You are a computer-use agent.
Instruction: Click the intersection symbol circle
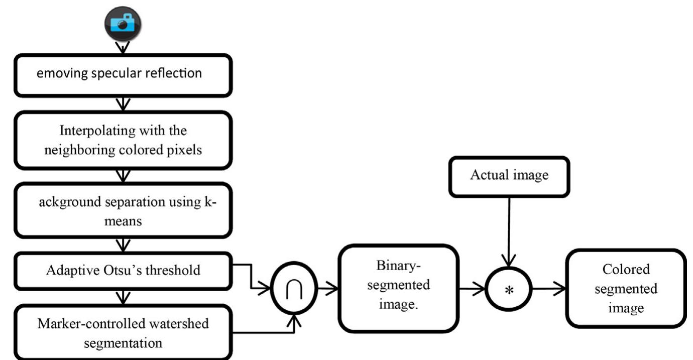(x=294, y=290)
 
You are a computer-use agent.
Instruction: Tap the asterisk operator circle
(x=509, y=290)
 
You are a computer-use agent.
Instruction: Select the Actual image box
(x=509, y=176)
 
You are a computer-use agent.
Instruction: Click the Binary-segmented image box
(x=399, y=288)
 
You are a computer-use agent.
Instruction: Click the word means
(x=123, y=221)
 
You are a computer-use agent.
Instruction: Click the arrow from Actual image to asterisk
(x=509, y=231)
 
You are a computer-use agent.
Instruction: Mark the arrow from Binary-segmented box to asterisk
(x=472, y=289)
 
